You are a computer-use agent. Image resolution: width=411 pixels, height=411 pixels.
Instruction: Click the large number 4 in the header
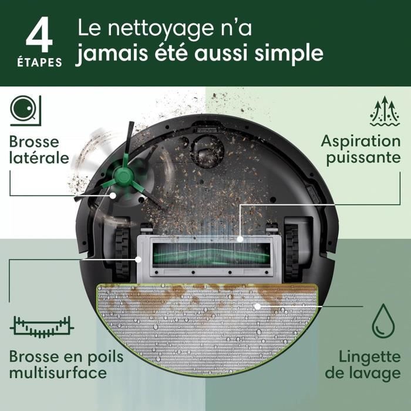pyautogui.click(x=39, y=35)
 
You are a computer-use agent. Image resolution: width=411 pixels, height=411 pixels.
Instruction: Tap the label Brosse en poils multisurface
pyautogui.click(x=58, y=365)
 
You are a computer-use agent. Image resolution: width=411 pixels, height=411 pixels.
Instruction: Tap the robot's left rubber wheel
pyautogui.click(x=122, y=249)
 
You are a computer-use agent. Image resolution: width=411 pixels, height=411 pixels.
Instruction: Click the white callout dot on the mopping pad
pyautogui.click(x=257, y=306)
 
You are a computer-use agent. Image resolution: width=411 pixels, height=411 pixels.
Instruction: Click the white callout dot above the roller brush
pyautogui.click(x=240, y=239)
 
